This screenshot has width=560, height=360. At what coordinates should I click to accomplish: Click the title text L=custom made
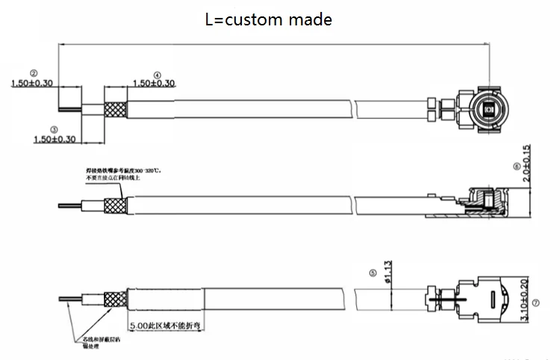tap(268, 20)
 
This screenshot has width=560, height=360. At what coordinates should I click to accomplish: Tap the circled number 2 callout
tap(34, 72)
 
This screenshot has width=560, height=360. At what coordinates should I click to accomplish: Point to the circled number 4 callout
tap(157, 75)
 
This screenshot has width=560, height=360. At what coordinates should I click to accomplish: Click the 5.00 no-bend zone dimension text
tap(166, 327)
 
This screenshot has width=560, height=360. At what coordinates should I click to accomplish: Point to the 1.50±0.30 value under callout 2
tap(31, 83)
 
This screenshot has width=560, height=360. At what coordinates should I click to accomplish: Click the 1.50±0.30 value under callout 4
tap(153, 83)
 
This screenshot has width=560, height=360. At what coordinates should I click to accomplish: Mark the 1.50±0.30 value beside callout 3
tap(55, 139)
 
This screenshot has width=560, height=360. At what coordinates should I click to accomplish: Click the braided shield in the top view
tap(115, 109)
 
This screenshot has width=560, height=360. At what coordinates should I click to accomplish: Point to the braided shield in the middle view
tap(114, 204)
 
